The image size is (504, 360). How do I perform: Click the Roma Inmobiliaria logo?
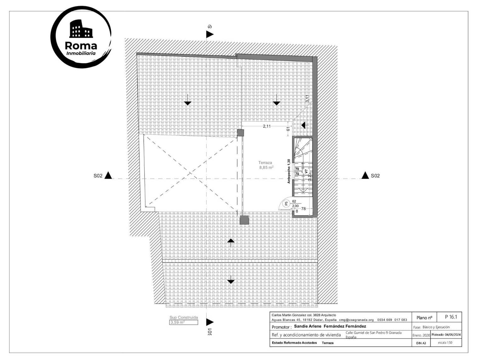81,37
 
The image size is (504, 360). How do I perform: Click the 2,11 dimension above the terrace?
266,126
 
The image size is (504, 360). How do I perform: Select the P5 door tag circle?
286,204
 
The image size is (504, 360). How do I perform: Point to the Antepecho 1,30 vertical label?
289,171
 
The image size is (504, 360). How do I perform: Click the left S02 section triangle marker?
108,176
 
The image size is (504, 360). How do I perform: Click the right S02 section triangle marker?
365,176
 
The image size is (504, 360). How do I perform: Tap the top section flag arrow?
210,34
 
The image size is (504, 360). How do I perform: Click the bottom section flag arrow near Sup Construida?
210,322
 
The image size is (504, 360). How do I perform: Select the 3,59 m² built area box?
184,322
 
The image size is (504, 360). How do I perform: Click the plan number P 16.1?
451,317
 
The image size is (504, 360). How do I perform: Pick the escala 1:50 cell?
445,343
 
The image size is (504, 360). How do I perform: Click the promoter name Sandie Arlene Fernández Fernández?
330,326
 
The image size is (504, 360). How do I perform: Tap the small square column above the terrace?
240,133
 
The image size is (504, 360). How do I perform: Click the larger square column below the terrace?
244,220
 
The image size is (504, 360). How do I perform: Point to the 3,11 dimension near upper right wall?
307,99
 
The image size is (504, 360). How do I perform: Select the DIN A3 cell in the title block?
421,343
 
